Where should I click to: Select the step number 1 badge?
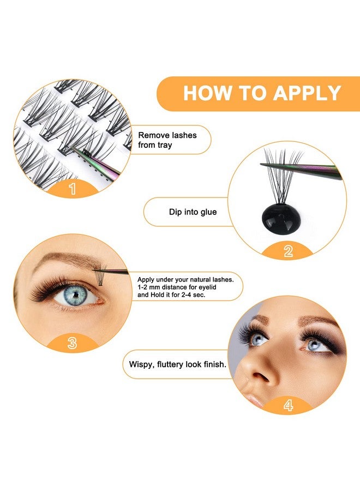(72, 189)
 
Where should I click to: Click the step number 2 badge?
(288, 250)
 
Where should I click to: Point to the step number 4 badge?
(287, 405)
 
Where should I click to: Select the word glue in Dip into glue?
(207, 212)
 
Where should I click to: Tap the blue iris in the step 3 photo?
(77, 295)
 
